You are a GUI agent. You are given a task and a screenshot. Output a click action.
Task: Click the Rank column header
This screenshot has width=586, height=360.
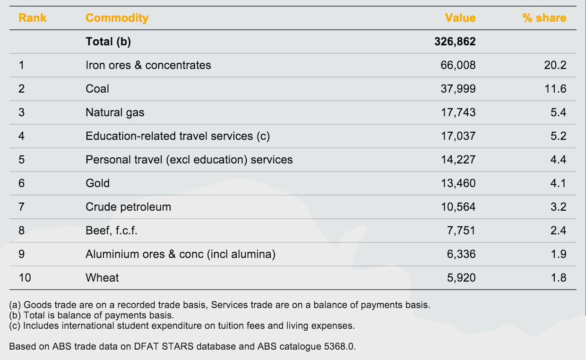click(33, 18)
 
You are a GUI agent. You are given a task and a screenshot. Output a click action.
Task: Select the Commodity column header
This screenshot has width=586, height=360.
click(117, 18)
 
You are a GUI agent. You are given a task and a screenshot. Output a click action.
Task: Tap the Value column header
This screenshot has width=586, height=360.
click(460, 18)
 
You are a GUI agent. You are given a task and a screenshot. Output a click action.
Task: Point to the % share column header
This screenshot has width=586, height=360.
click(544, 18)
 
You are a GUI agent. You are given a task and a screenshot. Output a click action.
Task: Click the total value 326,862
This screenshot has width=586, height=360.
click(455, 42)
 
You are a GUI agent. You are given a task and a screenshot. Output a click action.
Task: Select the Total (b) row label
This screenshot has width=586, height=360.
click(108, 42)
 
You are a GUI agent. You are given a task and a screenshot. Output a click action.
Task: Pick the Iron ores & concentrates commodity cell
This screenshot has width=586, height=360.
click(148, 65)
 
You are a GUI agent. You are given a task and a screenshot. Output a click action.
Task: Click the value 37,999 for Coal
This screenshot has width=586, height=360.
click(458, 89)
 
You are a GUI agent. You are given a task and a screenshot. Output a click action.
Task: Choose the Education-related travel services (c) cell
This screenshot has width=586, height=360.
click(177, 136)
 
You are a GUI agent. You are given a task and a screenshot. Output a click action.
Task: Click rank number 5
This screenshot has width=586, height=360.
click(21, 160)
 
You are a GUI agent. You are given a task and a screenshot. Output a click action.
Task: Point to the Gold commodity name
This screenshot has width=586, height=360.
click(97, 183)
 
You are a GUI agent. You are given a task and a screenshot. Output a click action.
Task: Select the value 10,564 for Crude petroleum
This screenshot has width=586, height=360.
click(458, 207)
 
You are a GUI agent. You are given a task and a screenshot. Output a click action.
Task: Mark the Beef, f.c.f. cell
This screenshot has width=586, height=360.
click(111, 231)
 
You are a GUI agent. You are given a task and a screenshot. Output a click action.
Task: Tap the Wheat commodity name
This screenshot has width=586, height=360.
click(102, 278)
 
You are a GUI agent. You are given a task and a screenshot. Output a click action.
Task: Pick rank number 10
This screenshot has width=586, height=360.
click(25, 278)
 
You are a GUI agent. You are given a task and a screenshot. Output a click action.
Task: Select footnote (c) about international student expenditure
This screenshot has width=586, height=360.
click(182, 326)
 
